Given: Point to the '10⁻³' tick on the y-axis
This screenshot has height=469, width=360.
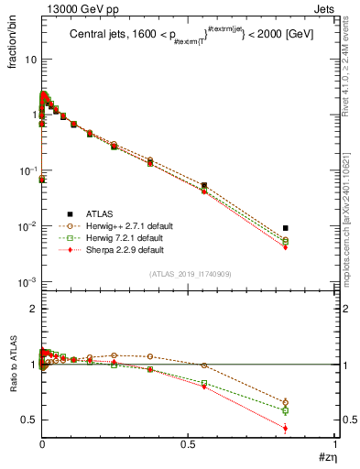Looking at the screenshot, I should [x=27, y=282].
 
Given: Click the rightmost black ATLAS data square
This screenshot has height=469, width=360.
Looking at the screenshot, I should [x=286, y=228].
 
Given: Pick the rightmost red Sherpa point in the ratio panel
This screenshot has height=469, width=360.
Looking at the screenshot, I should [x=286, y=428].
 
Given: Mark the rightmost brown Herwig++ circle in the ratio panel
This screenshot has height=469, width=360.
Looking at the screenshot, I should [x=286, y=402].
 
